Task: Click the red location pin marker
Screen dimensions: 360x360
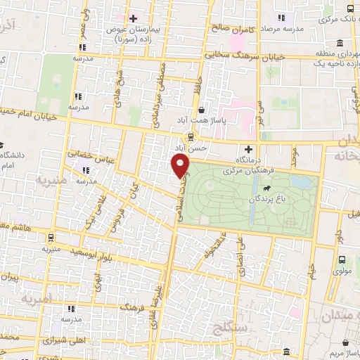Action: point(181,167)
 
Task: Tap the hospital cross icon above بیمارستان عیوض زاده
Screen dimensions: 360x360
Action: point(133,18)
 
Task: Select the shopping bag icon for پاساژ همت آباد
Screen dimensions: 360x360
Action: point(202,110)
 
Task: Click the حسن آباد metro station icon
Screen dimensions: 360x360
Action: point(191,136)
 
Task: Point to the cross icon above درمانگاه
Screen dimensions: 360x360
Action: point(248,149)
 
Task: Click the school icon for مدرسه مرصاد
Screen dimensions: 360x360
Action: point(281,18)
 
